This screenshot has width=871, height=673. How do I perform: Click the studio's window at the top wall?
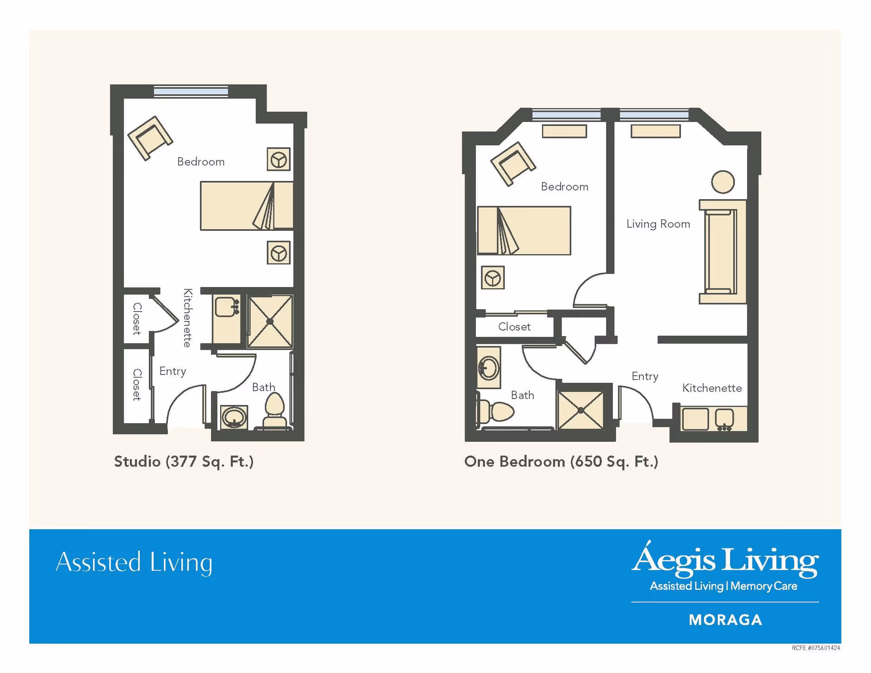[x=191, y=92]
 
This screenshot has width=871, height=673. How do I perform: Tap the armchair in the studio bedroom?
[x=150, y=138]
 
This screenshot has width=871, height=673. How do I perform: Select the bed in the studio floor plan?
[x=246, y=206]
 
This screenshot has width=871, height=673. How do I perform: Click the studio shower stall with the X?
[x=270, y=322]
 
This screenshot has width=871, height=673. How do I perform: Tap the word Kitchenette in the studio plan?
[x=187, y=318]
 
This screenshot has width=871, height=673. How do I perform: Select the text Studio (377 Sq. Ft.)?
[x=184, y=462]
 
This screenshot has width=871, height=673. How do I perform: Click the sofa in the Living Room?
[x=722, y=252]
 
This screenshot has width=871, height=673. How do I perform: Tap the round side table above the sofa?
[x=723, y=182]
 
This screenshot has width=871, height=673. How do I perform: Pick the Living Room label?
[x=658, y=224]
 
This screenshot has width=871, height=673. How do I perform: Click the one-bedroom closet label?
[x=514, y=327]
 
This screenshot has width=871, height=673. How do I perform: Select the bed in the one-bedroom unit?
[x=524, y=231]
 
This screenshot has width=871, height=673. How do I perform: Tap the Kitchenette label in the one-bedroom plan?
[x=712, y=388]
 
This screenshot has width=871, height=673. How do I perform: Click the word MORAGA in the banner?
[x=725, y=620]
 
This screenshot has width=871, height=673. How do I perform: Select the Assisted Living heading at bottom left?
[x=134, y=562]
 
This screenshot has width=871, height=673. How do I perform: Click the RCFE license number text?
[x=816, y=648]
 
